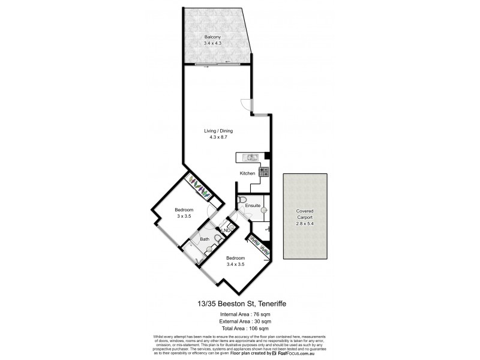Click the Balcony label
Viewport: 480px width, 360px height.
(211, 37)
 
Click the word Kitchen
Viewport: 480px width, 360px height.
(248, 173)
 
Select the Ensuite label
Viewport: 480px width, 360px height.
(253, 206)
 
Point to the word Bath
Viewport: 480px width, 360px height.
(205, 239)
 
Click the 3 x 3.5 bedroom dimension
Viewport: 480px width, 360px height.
(183, 216)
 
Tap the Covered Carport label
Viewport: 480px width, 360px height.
(305, 215)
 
